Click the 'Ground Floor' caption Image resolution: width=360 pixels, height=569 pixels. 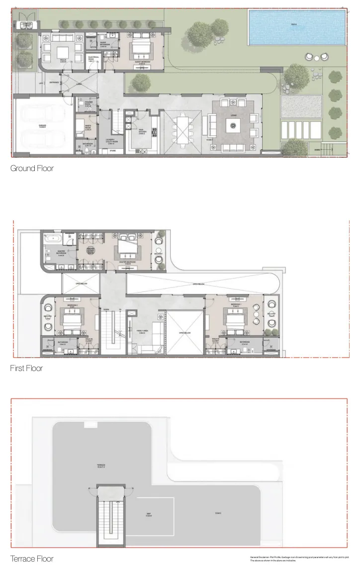click(32, 169)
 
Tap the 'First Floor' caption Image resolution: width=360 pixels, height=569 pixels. click(26, 369)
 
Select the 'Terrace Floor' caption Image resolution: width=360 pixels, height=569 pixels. click(32, 559)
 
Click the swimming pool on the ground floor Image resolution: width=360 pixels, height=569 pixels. click(296, 27)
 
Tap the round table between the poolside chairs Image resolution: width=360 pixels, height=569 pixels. click(317, 58)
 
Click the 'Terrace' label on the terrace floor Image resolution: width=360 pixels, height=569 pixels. click(101, 466)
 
